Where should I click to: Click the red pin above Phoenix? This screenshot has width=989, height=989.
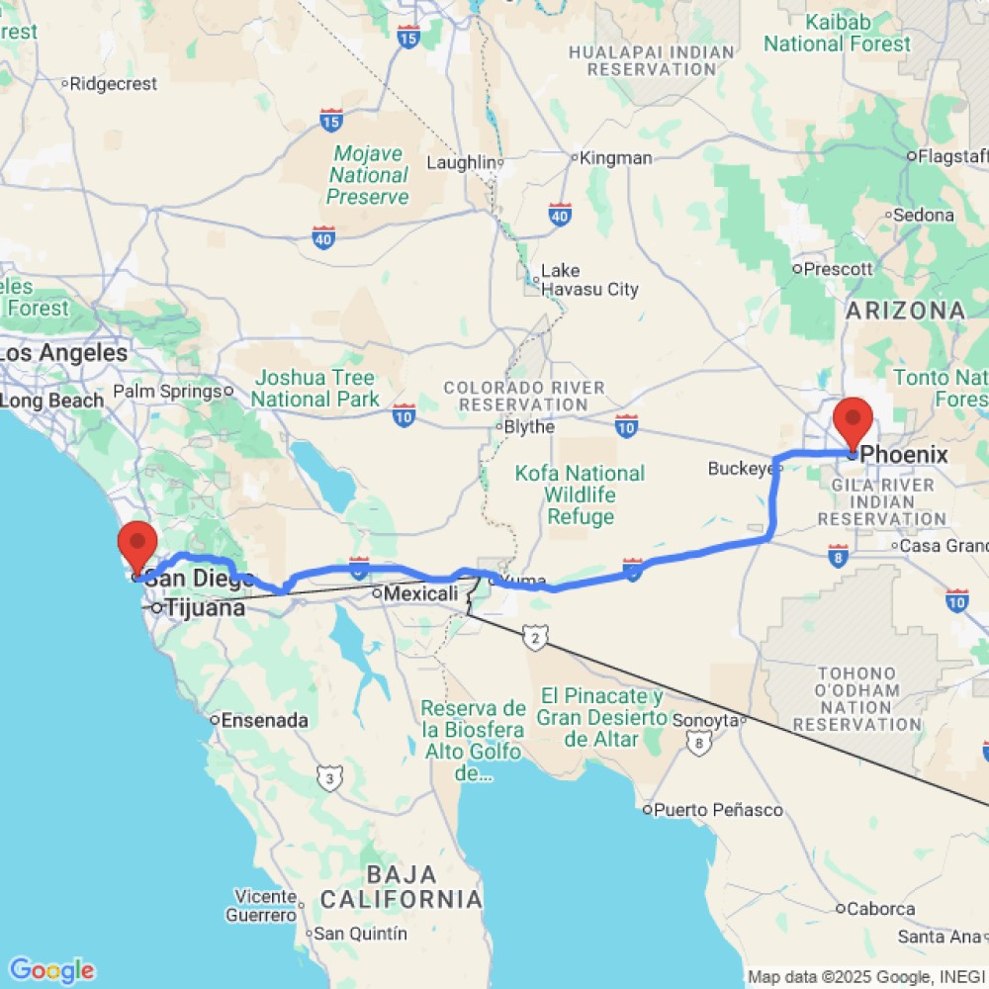pos(853,420)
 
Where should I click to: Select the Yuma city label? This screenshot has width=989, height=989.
pos(523,580)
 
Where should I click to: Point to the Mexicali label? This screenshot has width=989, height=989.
pos(419,594)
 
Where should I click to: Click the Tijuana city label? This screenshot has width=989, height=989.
pos(205,608)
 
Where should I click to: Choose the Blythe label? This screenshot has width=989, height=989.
pos(529,427)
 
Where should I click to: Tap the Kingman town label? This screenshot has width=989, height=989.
pos(615,158)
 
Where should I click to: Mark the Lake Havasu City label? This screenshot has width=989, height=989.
pos(589,280)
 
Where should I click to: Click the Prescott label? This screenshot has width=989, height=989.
pos(839,268)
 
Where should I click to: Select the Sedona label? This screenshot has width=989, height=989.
pos(924,215)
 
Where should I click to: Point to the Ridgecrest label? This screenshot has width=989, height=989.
pos(115,84)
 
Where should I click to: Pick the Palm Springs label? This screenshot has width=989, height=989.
pos(167,392)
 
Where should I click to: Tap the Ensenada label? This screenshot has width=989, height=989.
pos(264,720)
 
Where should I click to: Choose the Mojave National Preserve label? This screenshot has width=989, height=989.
pos(368,175)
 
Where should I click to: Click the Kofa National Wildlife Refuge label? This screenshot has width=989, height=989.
pos(581,494)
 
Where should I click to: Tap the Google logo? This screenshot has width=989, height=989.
pos(51,970)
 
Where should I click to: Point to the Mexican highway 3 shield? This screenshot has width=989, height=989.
pos(327,779)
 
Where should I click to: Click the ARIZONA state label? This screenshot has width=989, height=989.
pos(905,311)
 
